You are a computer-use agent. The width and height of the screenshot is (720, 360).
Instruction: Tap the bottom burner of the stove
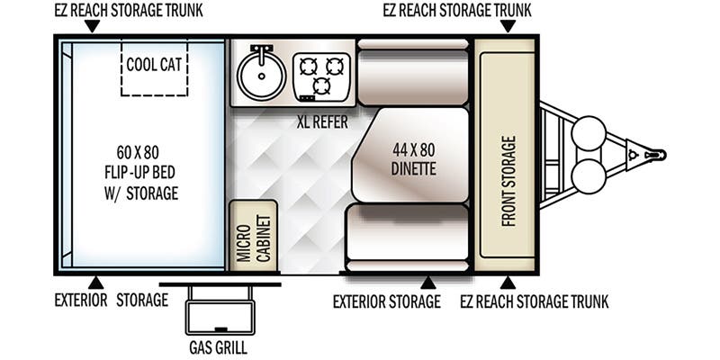click(x=321, y=85)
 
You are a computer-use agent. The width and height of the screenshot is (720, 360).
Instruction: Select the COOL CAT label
click(x=154, y=65)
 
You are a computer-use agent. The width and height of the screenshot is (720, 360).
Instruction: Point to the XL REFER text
click(x=322, y=122)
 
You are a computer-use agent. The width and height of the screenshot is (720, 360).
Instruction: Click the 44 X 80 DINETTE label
click(x=413, y=159)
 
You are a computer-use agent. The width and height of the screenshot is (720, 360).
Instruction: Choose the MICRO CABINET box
click(x=254, y=236)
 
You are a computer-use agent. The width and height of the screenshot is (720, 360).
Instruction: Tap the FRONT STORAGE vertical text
click(x=508, y=181)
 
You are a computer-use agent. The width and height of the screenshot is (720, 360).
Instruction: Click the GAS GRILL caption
click(x=218, y=347)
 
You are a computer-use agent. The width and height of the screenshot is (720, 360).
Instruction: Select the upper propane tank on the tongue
click(x=589, y=133)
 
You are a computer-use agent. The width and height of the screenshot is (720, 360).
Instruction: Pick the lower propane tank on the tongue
click(x=589, y=176)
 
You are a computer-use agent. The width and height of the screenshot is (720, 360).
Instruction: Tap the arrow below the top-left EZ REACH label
click(x=93, y=26)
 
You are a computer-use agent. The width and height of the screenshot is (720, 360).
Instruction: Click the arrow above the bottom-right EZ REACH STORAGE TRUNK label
click(x=508, y=283)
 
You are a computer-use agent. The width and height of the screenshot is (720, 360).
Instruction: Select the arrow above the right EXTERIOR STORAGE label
click(x=428, y=283)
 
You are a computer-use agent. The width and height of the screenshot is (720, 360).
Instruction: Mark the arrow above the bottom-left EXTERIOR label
click(x=95, y=283)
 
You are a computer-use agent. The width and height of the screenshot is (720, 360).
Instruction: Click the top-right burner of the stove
click(x=335, y=67)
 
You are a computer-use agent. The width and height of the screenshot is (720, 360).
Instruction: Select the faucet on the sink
click(x=262, y=54)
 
